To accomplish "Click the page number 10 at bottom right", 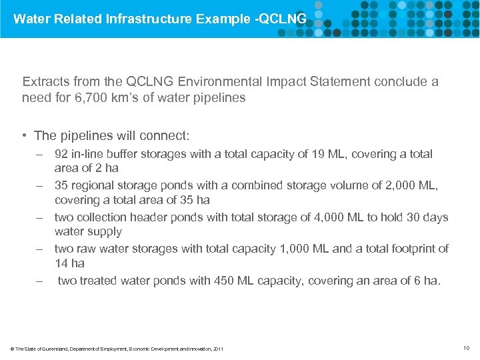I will [465, 347].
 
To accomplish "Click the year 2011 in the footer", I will [217, 349].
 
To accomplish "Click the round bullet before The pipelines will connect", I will [24, 135].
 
